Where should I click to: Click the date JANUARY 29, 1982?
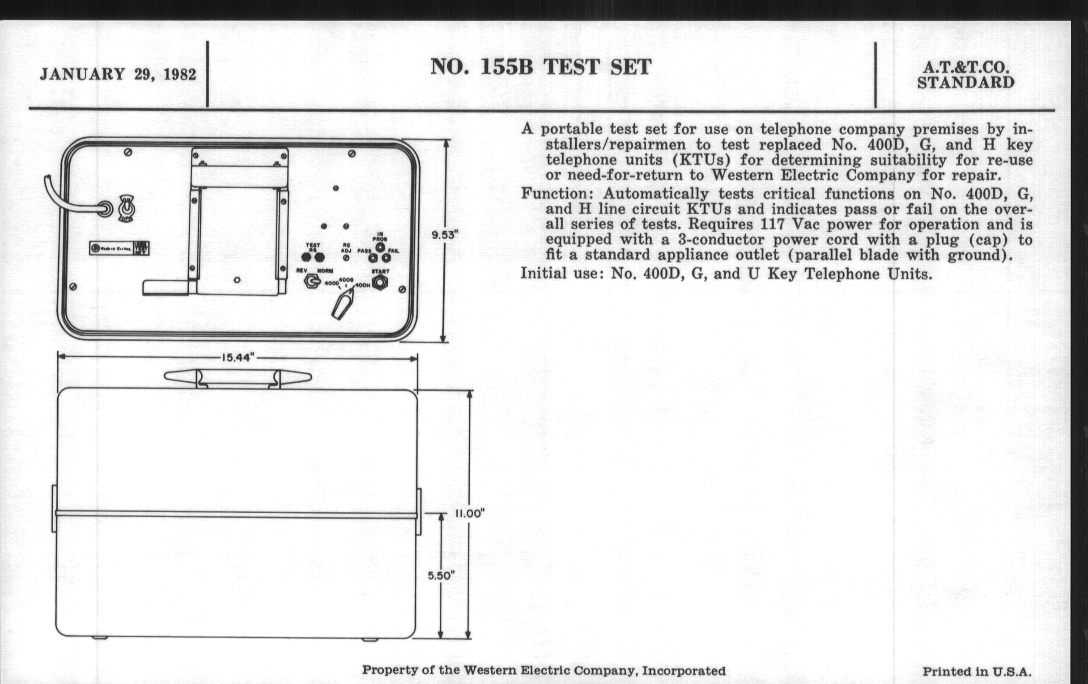[118, 74]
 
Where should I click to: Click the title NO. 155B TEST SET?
[540, 67]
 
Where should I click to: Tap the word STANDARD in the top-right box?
[965, 83]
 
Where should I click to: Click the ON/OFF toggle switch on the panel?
[126, 209]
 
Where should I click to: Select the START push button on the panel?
[379, 282]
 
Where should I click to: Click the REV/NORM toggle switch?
[312, 282]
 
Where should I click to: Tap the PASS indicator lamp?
[373, 258]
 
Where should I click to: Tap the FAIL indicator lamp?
[387, 258]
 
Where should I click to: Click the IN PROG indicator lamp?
[380, 247]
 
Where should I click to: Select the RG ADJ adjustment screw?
[346, 258]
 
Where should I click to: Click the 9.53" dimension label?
[445, 235]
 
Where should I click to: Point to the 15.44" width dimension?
[238, 358]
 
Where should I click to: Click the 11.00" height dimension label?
[469, 513]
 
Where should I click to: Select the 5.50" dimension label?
[441, 576]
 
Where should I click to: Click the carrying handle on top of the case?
[238, 377]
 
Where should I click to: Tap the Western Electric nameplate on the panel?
[119, 248]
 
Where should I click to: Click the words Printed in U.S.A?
[977, 672]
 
